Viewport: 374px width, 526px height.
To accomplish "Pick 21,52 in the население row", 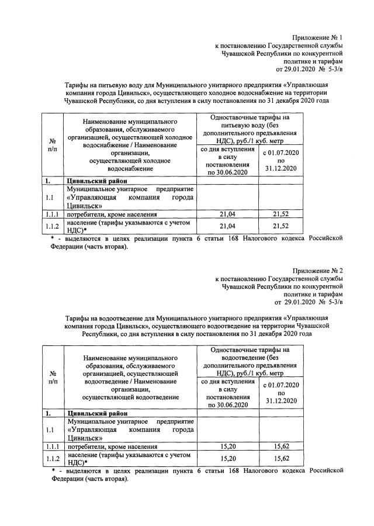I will pyautogui.click(x=281, y=227).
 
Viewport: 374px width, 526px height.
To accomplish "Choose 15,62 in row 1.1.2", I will pyautogui.click(x=281, y=458).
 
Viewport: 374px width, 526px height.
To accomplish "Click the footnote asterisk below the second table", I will pyautogui.click(x=53, y=470).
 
